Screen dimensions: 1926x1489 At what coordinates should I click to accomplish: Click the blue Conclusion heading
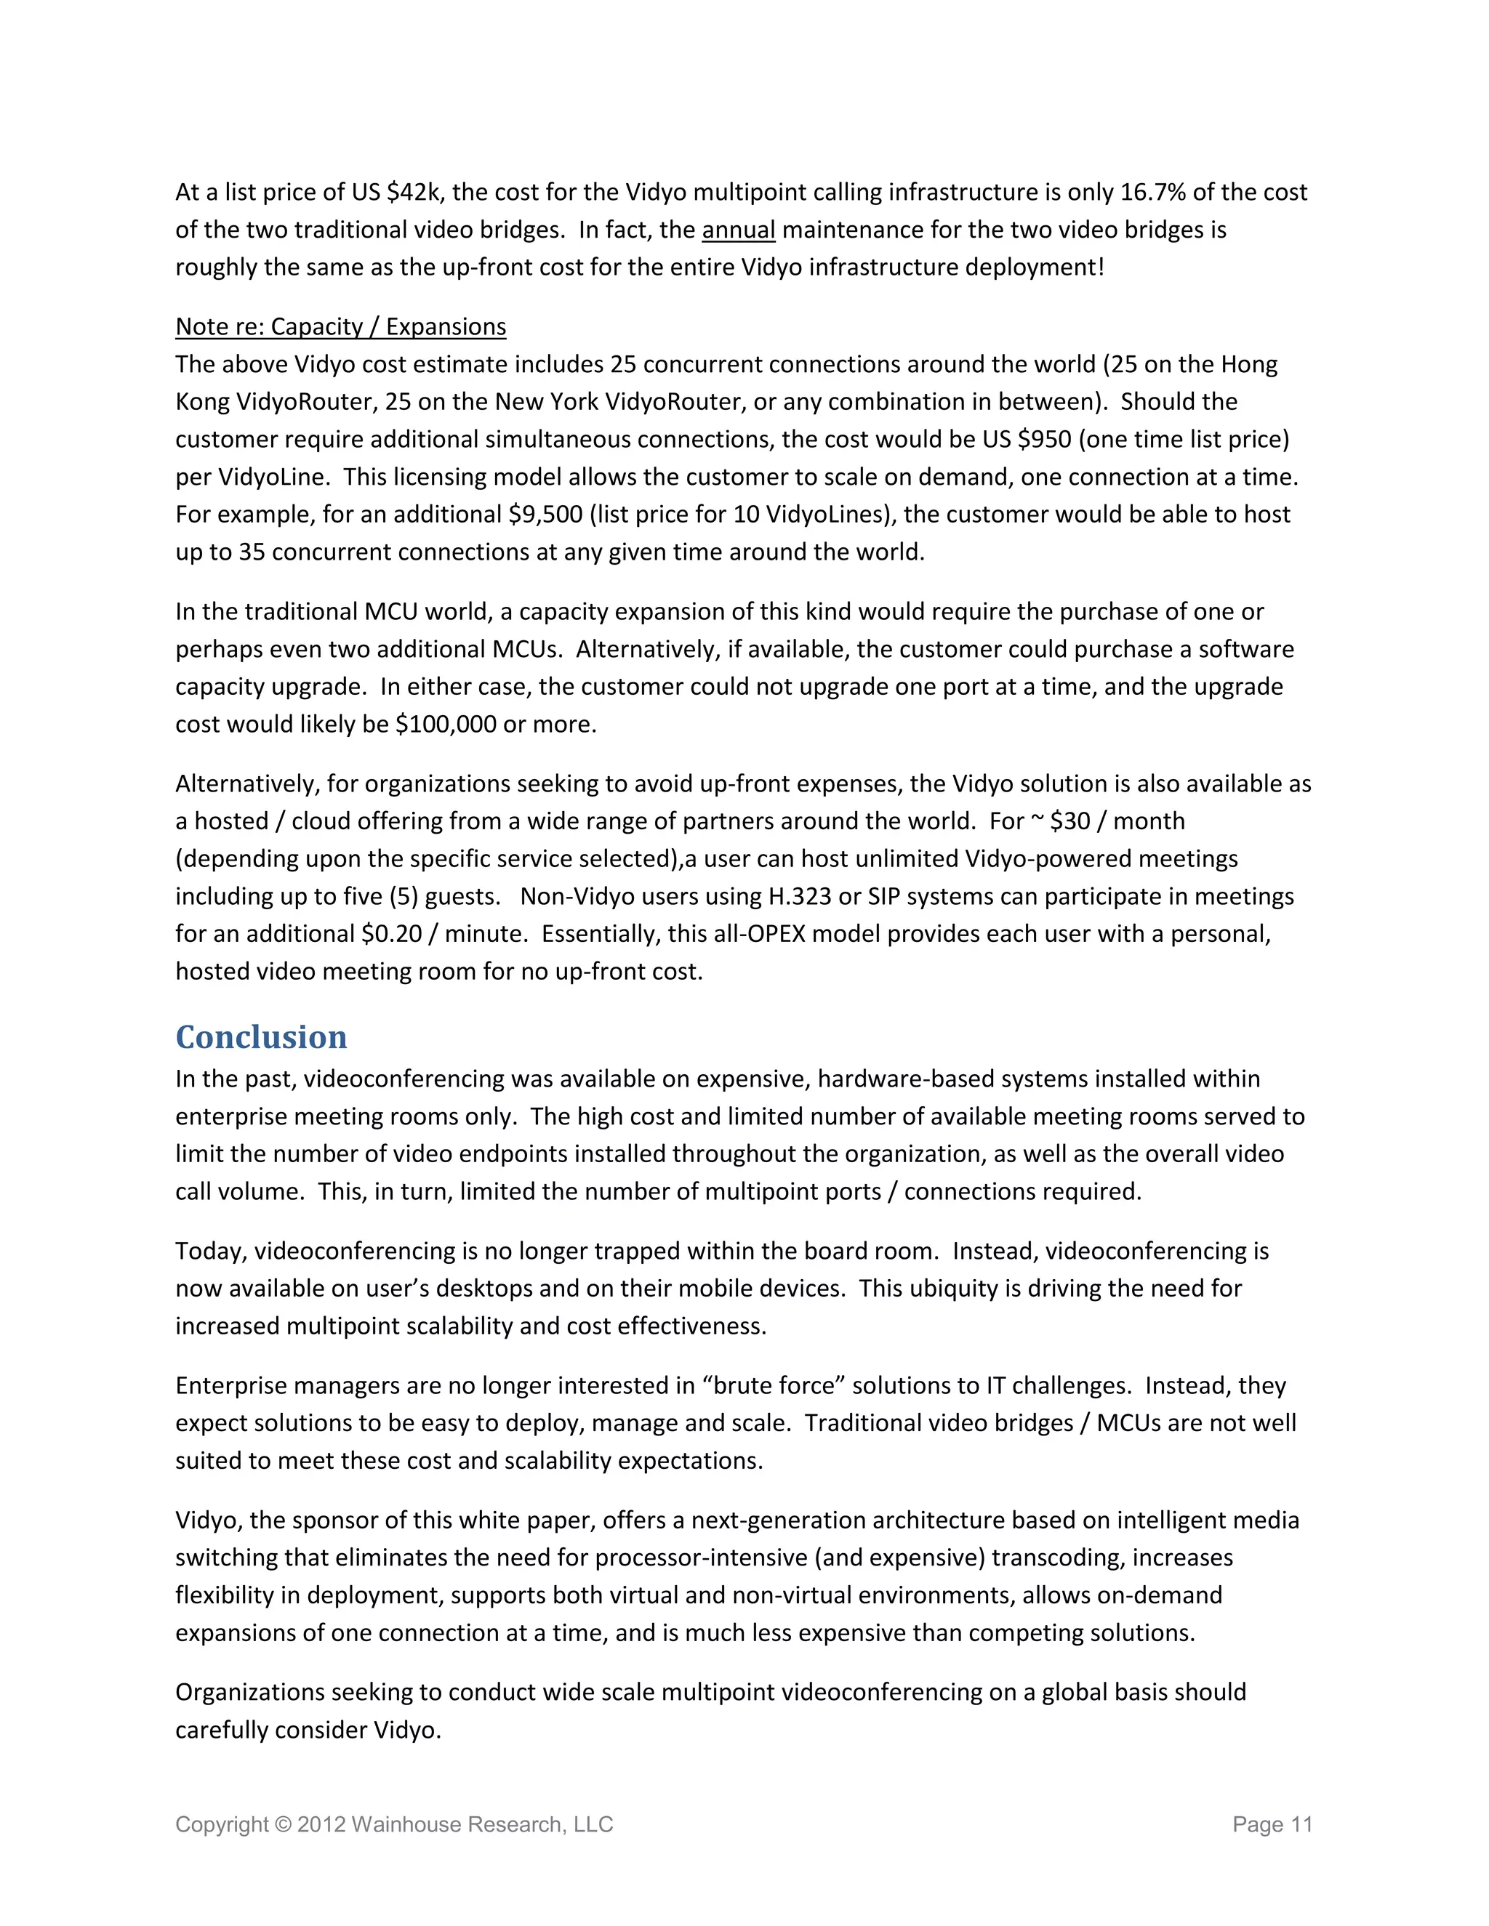point(261,1037)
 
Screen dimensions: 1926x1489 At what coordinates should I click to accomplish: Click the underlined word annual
point(739,230)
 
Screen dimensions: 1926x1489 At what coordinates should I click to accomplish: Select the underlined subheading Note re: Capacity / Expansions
point(340,327)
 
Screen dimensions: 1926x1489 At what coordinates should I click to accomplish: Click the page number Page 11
point(1272,1824)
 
